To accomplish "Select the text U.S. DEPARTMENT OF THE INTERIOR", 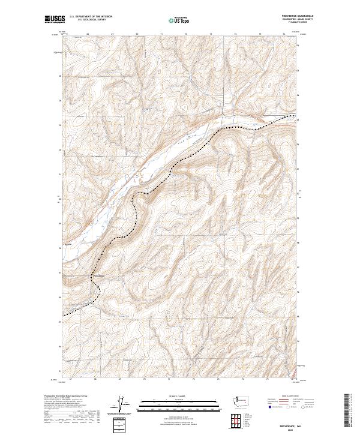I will click(x=91, y=17).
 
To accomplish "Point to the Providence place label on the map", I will click(x=98, y=275).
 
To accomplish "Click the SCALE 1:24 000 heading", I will click(x=180, y=395).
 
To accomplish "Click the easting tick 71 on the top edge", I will click(x=162, y=34).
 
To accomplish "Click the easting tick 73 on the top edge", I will click(x=211, y=34).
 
